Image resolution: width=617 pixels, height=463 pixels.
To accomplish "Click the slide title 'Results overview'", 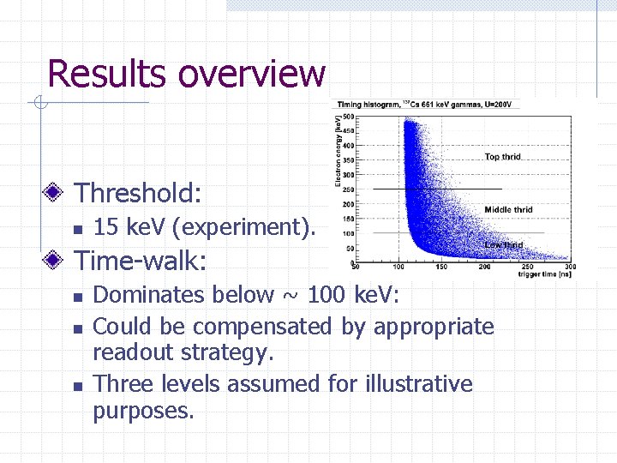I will (x=186, y=74).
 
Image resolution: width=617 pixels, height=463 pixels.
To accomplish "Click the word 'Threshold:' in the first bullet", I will (x=139, y=193).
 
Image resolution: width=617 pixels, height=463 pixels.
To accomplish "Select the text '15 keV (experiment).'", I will (x=204, y=227).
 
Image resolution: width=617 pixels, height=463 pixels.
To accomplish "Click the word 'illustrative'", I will (x=412, y=384).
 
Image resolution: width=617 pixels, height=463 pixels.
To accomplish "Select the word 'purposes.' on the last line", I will (x=143, y=411).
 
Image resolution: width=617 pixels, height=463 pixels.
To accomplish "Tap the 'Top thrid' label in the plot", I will (x=502, y=157).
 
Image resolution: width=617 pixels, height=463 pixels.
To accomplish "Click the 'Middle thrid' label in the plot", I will (x=508, y=210).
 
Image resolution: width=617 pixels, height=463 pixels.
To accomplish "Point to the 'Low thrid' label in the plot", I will (x=503, y=245).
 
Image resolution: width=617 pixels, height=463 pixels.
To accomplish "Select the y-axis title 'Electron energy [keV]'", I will (x=340, y=153).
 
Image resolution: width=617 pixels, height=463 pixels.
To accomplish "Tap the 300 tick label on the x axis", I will (x=571, y=267).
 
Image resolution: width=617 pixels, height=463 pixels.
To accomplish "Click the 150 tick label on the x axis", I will (x=441, y=267).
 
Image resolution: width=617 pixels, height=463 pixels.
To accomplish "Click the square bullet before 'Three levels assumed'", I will (x=77, y=386).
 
